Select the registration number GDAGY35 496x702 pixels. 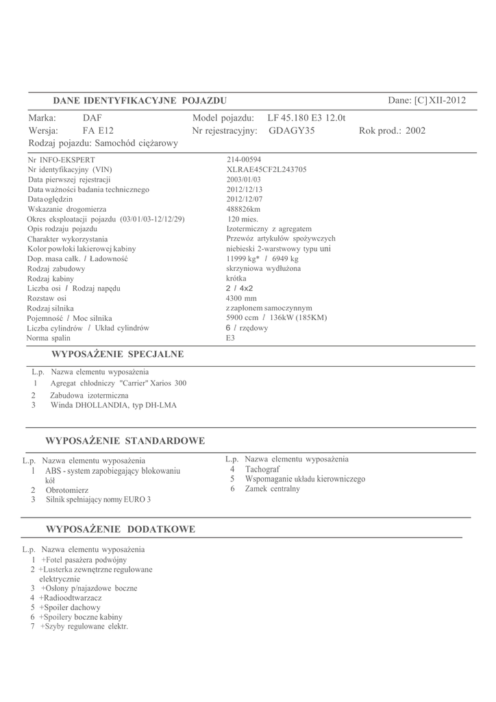tap(291, 130)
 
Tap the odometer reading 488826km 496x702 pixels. tap(243, 209)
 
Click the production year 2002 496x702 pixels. tap(415, 130)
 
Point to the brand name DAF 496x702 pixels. tap(92, 118)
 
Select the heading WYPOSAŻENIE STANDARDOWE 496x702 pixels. tap(125, 440)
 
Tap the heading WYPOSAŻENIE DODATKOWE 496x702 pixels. tap(120, 529)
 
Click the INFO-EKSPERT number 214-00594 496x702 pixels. tap(244, 160)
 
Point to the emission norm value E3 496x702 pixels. tap(230, 338)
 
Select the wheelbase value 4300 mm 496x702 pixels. tap(241, 298)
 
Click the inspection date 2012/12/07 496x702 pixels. tap(244, 199)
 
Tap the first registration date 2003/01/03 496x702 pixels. tap(244, 180)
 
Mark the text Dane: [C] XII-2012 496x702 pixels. tap(426, 101)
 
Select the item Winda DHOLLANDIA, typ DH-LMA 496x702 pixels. tap(113, 405)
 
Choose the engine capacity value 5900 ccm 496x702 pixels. tap(242, 318)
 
